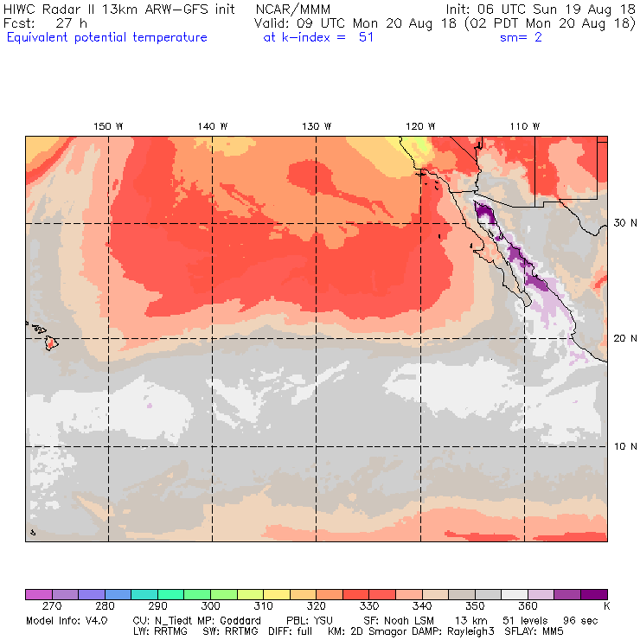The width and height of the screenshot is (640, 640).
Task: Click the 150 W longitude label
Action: click(x=108, y=126)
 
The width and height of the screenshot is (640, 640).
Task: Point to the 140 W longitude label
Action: click(x=212, y=126)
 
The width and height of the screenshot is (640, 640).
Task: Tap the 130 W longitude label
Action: click(x=317, y=126)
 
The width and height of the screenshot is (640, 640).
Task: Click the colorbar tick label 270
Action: click(x=52, y=606)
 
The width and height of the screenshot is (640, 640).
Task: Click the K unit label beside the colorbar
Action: click(x=606, y=606)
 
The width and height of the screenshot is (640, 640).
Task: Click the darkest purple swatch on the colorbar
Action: click(x=593, y=594)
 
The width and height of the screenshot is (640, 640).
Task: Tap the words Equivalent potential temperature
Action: click(x=106, y=37)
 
